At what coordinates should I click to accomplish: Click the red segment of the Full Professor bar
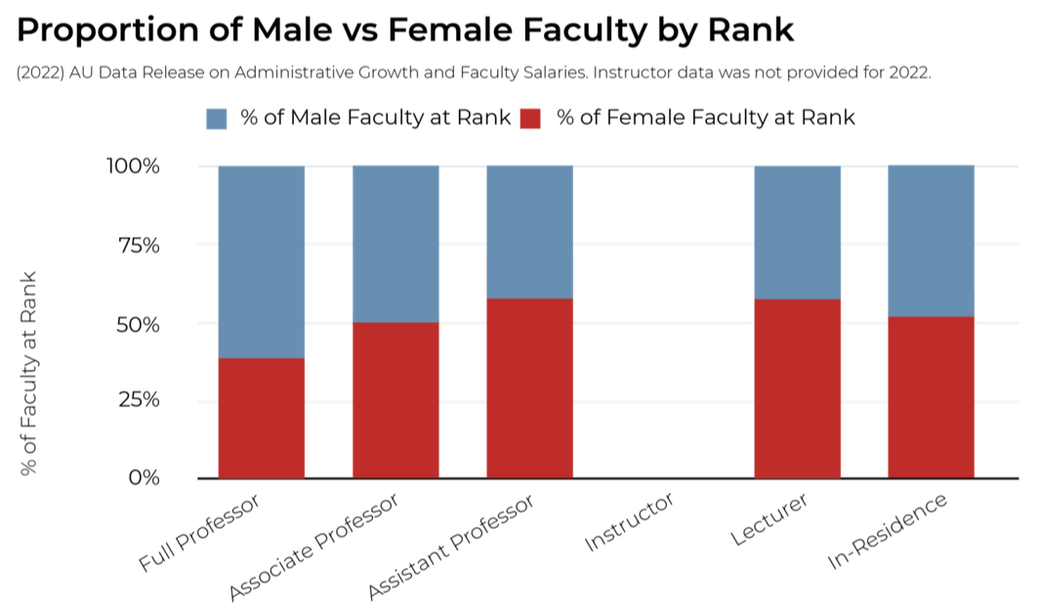pos(261,418)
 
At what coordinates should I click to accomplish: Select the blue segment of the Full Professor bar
pos(261,262)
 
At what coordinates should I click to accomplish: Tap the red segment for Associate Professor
pos(395,400)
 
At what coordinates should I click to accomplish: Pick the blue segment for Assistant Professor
pos(529,231)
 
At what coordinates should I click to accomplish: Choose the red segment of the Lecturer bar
pos(797,388)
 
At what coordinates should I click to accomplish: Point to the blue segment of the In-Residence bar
pos(931,240)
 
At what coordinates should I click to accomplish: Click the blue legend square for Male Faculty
pos(217,119)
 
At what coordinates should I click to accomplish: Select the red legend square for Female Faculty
pos(530,119)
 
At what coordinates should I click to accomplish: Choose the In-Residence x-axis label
pos(888,532)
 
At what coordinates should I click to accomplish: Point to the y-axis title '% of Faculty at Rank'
pos(29,374)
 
